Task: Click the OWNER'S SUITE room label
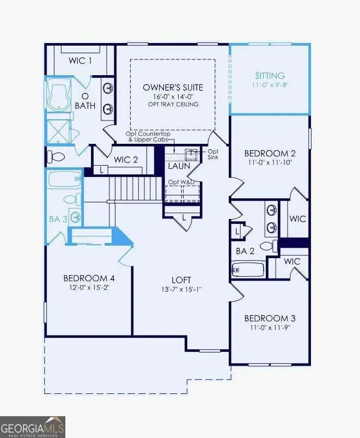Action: point(173,87)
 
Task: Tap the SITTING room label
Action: point(270,76)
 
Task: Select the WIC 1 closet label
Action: point(80,60)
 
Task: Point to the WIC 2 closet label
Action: point(126,159)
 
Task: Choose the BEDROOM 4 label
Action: point(88,277)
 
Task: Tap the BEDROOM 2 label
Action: point(270,153)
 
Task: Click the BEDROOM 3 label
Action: point(270,318)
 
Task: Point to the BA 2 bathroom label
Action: point(246,251)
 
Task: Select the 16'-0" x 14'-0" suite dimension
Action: point(173,96)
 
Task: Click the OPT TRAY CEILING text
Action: point(173,104)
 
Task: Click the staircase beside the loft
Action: point(136,188)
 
